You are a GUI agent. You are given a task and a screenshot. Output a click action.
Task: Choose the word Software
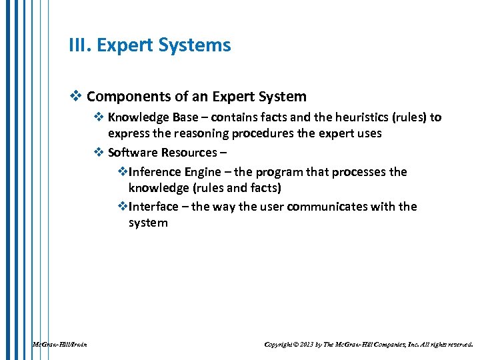pos(132,152)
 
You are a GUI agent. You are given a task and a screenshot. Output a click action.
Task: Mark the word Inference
pos(154,172)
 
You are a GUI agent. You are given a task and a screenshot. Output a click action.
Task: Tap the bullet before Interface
pos(122,207)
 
